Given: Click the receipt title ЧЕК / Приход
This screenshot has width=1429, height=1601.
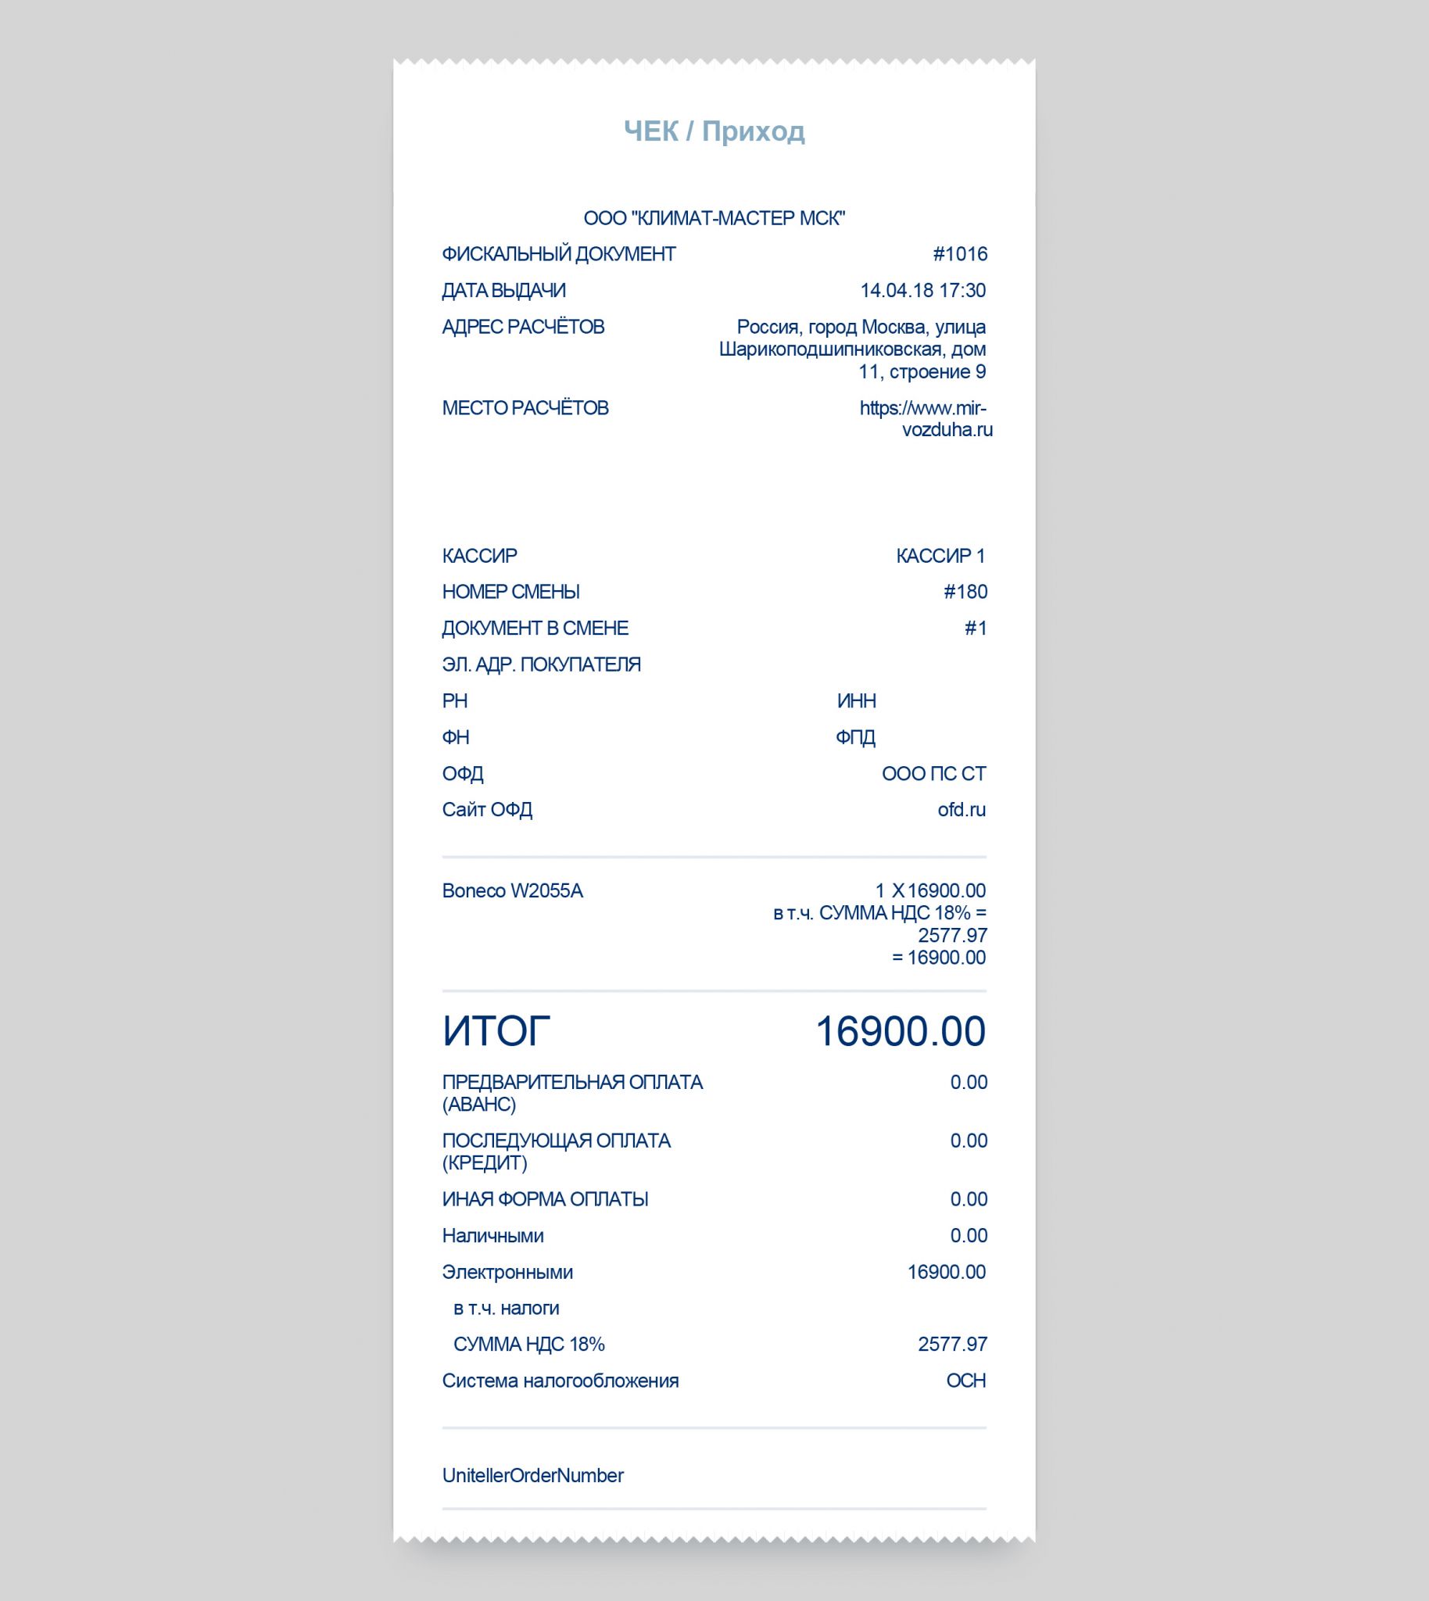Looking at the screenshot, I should coord(714,131).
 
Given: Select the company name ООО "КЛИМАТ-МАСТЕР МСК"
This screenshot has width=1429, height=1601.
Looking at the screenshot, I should coord(714,218).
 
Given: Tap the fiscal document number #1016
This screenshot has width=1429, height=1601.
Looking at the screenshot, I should coord(959,254).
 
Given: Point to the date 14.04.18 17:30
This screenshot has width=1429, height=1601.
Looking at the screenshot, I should coord(922,291).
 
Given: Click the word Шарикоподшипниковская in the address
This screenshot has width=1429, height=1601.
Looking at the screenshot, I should coord(830,349).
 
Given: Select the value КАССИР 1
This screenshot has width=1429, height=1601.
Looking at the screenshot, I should coord(940,556).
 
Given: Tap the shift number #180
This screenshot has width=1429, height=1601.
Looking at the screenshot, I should coord(965,592).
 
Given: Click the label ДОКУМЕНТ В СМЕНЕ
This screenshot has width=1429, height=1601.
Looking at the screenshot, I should coord(535,629).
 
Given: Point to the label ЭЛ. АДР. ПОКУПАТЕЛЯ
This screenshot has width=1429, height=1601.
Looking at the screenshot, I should coord(541,664).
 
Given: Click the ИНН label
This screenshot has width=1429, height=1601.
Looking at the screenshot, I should coord(856,701).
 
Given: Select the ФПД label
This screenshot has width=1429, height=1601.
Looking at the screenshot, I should coord(855,737).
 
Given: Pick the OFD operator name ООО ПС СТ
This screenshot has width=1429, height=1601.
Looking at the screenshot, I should coord(933,773).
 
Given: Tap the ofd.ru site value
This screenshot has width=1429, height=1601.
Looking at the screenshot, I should coord(961,810).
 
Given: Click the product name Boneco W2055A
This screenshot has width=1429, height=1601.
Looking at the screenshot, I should coord(512,891).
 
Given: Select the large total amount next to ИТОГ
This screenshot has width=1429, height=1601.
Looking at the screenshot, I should coord(900,1031).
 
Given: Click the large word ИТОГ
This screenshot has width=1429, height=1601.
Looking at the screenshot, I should coord(496,1031).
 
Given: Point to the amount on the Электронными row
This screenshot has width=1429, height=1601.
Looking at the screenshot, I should coord(946,1272).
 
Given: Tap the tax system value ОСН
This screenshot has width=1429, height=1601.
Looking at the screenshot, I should coord(965,1381).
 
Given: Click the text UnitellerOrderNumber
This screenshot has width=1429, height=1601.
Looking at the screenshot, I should coord(532,1475).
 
